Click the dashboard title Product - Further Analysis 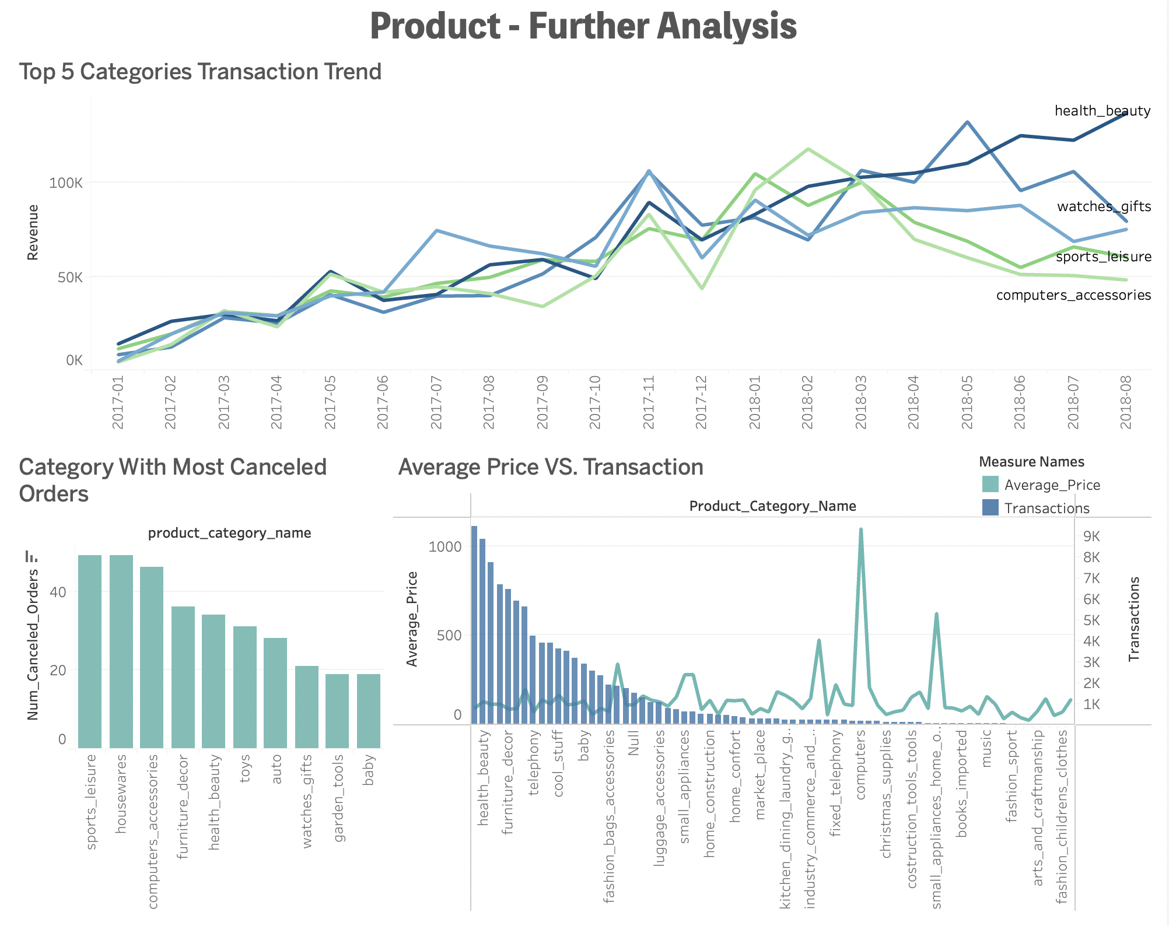(x=583, y=27)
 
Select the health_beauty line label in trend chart (x=1102, y=111)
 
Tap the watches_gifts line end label (x=1104, y=206)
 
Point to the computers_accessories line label (x=1073, y=295)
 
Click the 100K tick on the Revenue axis (x=65, y=183)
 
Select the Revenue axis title (x=33, y=232)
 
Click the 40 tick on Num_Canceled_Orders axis (x=58, y=592)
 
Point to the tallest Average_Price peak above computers (x=861, y=531)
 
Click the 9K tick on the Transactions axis (x=1091, y=536)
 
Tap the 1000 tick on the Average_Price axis (x=444, y=547)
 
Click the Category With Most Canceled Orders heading (x=173, y=480)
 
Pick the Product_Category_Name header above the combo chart (x=772, y=506)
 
